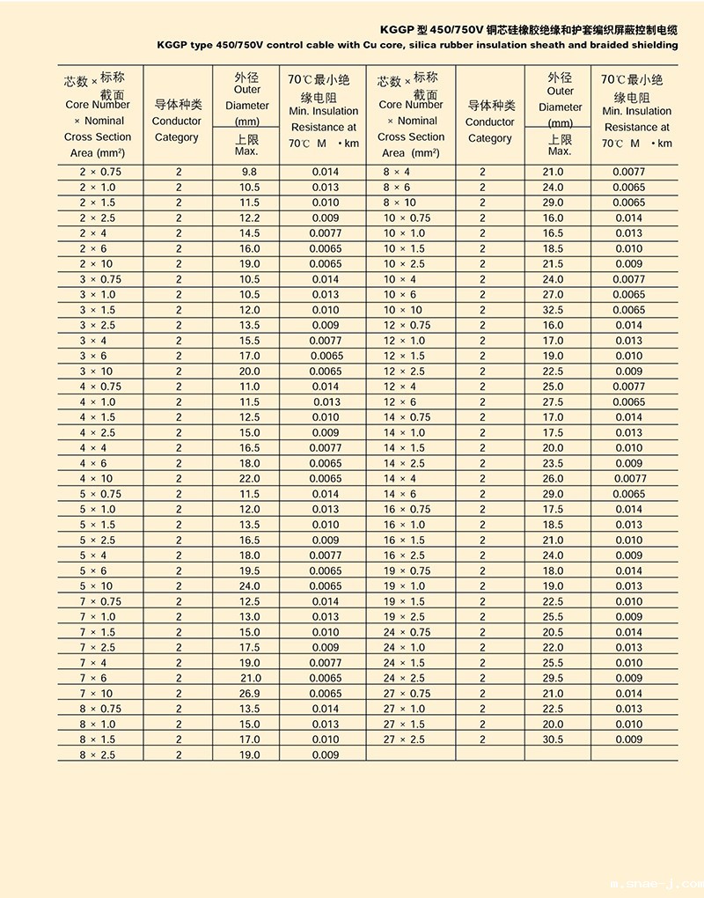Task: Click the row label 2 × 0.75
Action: [100, 173]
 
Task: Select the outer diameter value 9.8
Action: [249, 173]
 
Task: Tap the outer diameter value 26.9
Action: [249, 694]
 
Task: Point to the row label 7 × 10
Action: [96, 694]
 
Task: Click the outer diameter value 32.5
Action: [553, 310]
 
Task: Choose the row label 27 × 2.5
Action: [404, 740]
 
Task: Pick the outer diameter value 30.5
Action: [553, 740]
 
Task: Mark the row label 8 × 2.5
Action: [97, 755]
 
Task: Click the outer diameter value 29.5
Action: [553, 678]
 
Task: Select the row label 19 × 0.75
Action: [407, 570]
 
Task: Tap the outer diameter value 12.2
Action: [249, 218]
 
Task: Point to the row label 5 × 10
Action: [96, 586]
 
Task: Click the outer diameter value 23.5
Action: [553, 463]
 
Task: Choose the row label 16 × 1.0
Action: [404, 525]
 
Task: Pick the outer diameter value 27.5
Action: [553, 402]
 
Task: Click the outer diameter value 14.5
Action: [249, 233]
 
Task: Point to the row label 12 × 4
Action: [400, 387]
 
